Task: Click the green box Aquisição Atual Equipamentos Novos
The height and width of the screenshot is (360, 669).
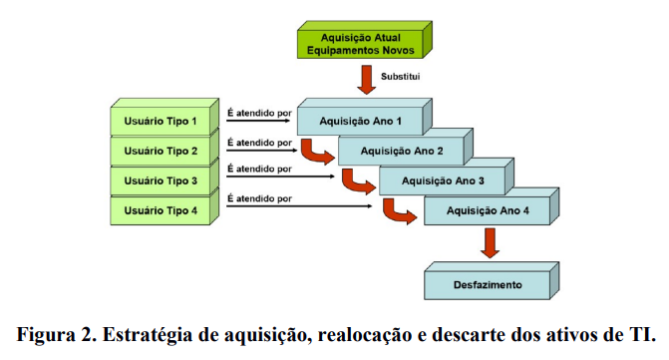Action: (x=360, y=43)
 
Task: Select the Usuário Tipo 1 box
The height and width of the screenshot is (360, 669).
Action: (x=161, y=122)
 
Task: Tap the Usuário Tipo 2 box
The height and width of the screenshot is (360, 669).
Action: (x=161, y=152)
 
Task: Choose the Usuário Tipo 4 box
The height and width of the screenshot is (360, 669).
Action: (x=161, y=210)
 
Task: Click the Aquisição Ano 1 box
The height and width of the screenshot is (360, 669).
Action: (x=360, y=122)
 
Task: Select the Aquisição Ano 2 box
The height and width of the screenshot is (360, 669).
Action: (x=403, y=152)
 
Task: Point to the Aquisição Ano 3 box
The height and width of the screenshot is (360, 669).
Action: (x=444, y=181)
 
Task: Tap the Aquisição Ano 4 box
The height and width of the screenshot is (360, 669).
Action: (x=488, y=211)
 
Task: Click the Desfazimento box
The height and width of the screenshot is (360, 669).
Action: (x=488, y=284)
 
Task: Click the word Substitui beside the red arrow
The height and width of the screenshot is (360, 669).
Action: (x=406, y=76)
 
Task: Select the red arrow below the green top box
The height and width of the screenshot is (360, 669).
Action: (x=367, y=78)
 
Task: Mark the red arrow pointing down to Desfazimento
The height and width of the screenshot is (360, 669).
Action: (x=489, y=242)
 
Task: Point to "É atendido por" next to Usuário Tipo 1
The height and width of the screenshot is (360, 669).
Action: (x=258, y=112)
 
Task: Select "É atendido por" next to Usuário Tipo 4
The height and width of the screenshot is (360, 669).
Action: (x=258, y=198)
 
